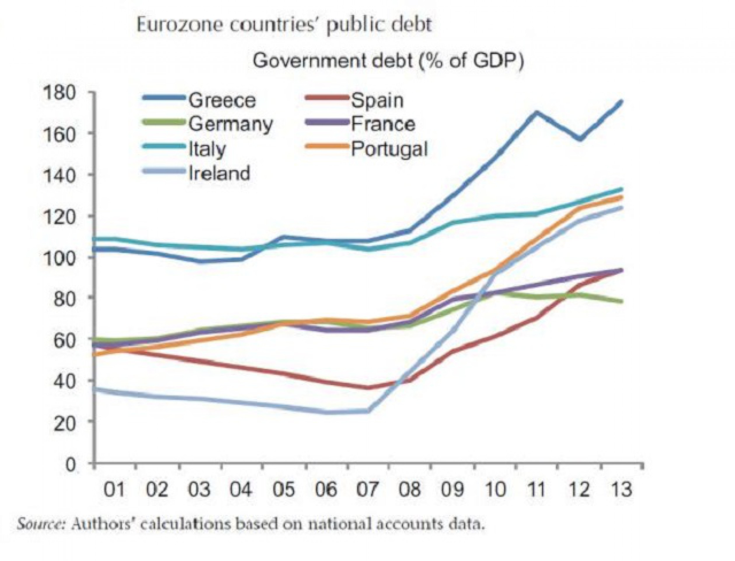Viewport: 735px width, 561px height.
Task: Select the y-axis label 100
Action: [x=66, y=257]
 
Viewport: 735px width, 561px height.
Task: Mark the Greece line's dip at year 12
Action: [x=581, y=138]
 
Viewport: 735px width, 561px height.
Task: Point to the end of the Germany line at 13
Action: [x=621, y=302]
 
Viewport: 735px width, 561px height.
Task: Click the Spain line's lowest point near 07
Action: [x=368, y=387]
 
